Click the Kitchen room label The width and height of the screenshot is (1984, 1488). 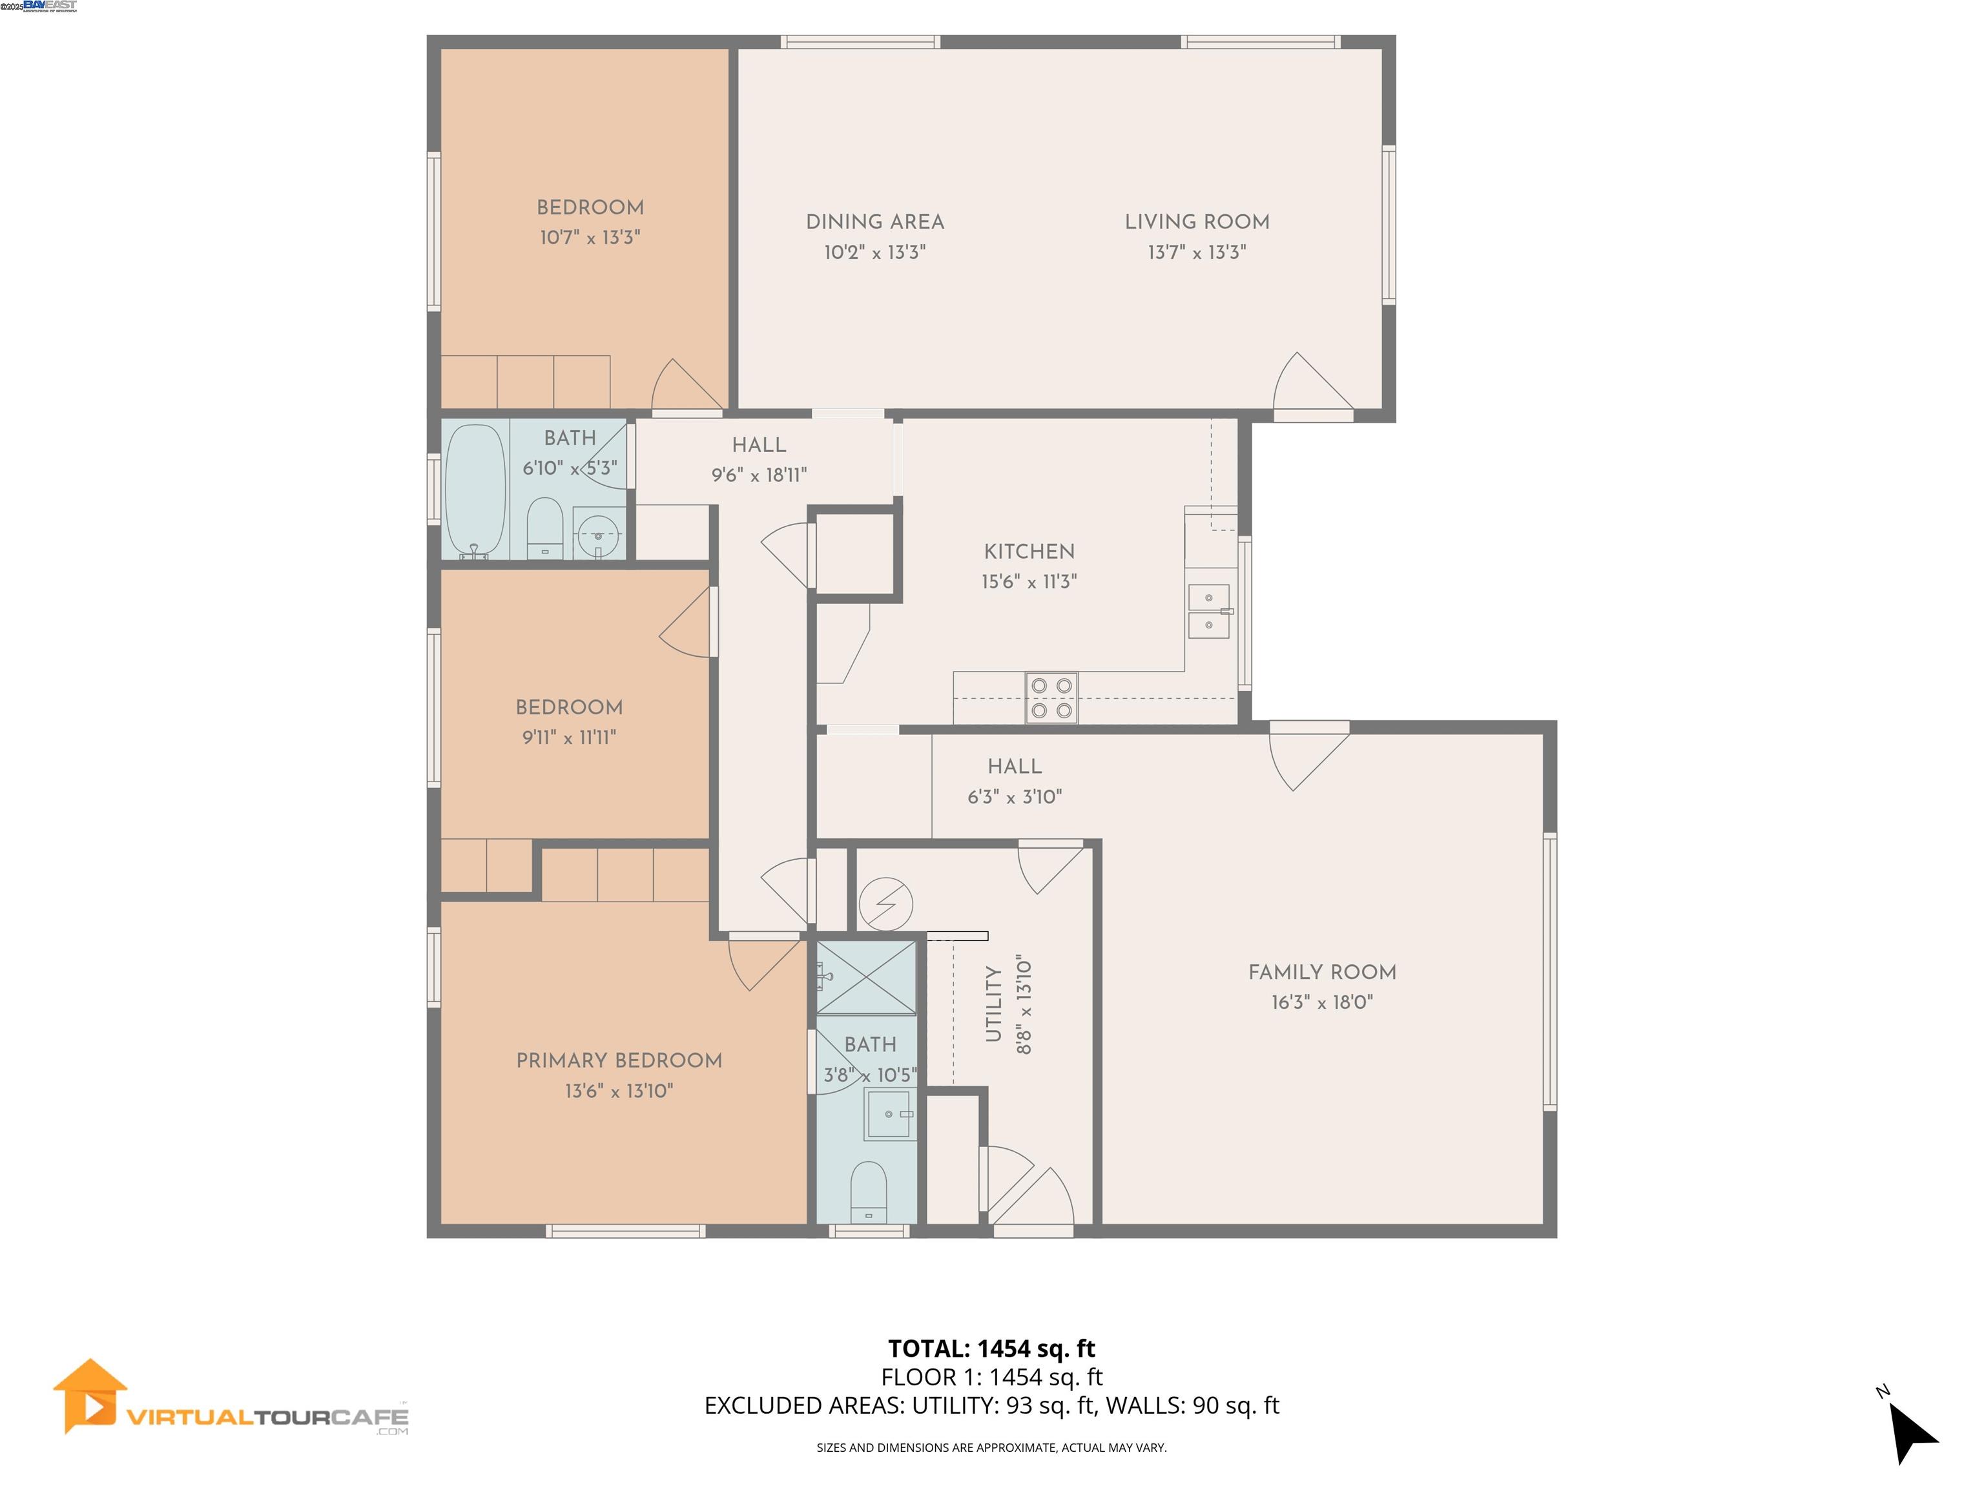tap(1029, 552)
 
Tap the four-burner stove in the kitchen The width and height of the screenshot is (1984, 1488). tap(1051, 697)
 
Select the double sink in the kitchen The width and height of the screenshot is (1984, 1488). tap(1208, 611)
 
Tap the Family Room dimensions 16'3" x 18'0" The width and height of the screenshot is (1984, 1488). tap(1322, 1002)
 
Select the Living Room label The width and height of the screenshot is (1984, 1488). tap(1197, 222)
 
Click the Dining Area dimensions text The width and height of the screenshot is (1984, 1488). tap(874, 252)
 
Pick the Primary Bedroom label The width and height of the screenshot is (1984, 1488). tap(619, 1060)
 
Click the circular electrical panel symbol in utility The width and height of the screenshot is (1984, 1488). tap(885, 904)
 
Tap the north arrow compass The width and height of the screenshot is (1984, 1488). tap(1910, 1434)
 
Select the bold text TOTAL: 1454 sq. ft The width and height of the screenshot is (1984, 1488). tap(991, 1348)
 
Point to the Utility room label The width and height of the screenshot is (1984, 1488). tap(993, 1004)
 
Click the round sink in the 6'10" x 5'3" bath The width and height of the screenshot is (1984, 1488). tap(597, 535)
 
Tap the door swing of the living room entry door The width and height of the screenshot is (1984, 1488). tap(1310, 386)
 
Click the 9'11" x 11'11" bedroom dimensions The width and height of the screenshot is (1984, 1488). tap(568, 738)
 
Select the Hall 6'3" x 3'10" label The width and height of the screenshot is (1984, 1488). tap(1015, 766)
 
